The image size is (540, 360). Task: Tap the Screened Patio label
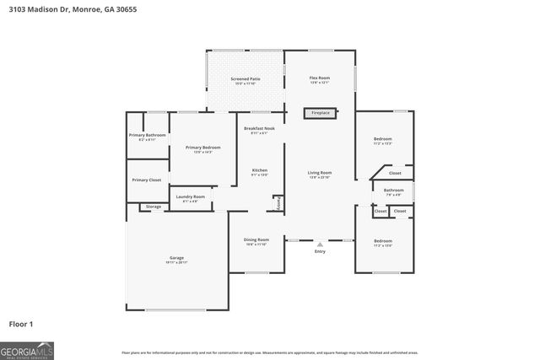click(x=246, y=78)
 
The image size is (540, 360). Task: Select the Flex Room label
click(x=319, y=78)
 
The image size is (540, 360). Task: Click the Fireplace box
click(x=321, y=112)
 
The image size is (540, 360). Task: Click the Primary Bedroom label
click(x=203, y=148)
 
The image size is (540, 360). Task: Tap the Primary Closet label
click(x=146, y=180)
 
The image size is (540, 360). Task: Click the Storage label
click(x=153, y=207)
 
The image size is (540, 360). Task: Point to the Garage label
click(x=176, y=258)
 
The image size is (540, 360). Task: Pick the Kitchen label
click(x=260, y=171)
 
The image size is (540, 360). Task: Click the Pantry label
click(x=278, y=202)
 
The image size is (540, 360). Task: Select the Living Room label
click(x=319, y=173)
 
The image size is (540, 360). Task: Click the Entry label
click(x=320, y=251)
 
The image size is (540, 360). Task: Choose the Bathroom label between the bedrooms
click(x=393, y=191)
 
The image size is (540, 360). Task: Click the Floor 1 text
click(x=20, y=323)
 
